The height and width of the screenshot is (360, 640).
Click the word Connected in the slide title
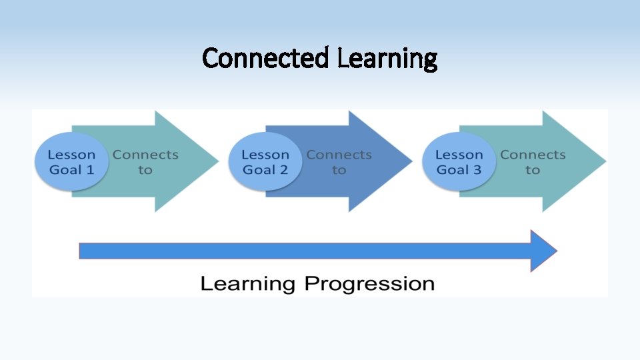click(265, 59)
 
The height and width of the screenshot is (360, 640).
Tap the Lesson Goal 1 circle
click(71, 162)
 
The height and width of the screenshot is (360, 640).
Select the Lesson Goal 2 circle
click(265, 162)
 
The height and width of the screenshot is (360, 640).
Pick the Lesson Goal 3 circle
click(459, 162)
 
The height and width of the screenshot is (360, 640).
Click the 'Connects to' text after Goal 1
click(145, 162)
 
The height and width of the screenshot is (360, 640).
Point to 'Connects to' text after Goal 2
click(339, 162)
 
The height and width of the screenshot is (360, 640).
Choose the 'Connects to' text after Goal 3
click(532, 162)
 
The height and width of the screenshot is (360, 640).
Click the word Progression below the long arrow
click(369, 284)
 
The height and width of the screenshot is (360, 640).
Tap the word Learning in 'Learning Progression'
click(247, 284)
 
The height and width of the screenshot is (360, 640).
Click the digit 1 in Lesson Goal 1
click(90, 170)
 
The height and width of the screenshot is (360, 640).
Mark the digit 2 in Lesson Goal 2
click(283, 170)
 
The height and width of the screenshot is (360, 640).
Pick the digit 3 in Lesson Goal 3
click(477, 170)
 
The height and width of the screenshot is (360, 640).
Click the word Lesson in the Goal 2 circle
click(265, 155)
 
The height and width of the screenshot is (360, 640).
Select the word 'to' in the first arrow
click(145, 170)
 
